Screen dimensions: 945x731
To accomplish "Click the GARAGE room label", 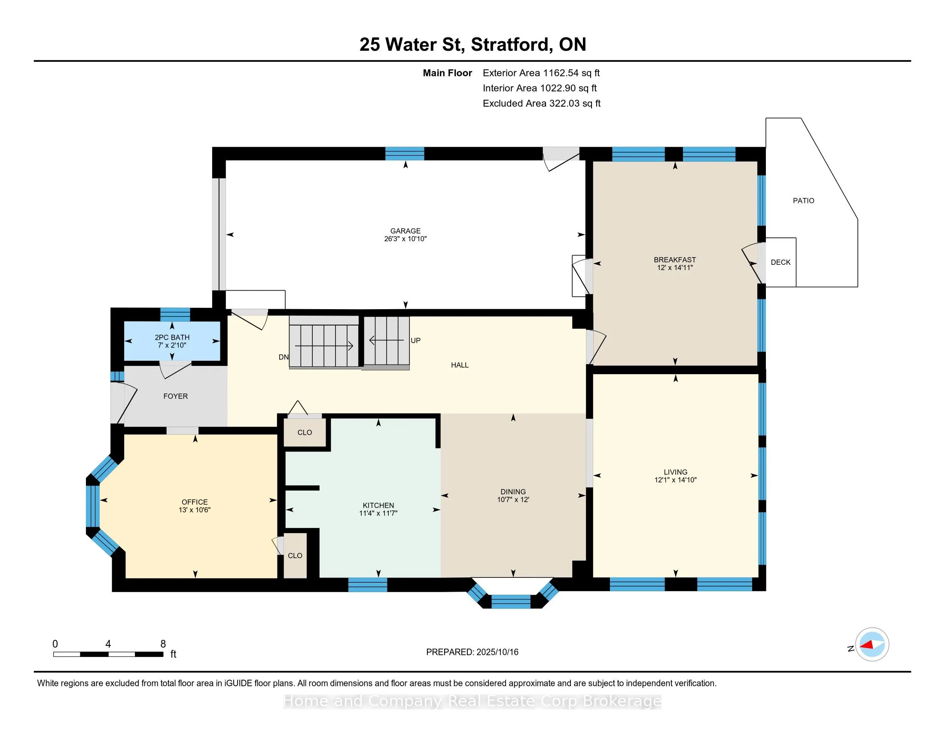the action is click(x=405, y=231).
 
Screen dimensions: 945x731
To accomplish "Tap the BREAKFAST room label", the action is click(x=674, y=260).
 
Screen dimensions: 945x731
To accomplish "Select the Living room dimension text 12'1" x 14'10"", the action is click(x=675, y=480).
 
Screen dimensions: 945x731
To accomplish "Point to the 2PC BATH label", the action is click(x=172, y=338).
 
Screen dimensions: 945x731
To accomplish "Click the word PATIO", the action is click(x=804, y=200).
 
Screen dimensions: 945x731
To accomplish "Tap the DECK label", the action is click(x=780, y=262).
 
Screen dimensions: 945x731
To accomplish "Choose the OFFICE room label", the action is click(x=195, y=502).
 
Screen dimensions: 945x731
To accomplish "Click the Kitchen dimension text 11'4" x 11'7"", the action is click(x=378, y=513).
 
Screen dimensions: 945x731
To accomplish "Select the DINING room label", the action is click(x=513, y=491).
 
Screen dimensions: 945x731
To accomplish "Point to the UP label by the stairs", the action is click(x=415, y=341).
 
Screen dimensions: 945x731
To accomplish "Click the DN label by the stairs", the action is click(x=283, y=357).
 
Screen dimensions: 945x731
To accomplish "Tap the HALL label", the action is click(x=460, y=365).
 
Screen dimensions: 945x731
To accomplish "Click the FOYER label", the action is click(x=175, y=396).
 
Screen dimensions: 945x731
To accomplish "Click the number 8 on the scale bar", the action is click(x=163, y=644).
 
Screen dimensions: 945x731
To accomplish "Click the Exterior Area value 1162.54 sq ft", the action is click(x=572, y=73).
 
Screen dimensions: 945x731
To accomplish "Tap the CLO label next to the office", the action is click(x=295, y=556).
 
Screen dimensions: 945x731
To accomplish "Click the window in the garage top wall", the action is click(x=405, y=154).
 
